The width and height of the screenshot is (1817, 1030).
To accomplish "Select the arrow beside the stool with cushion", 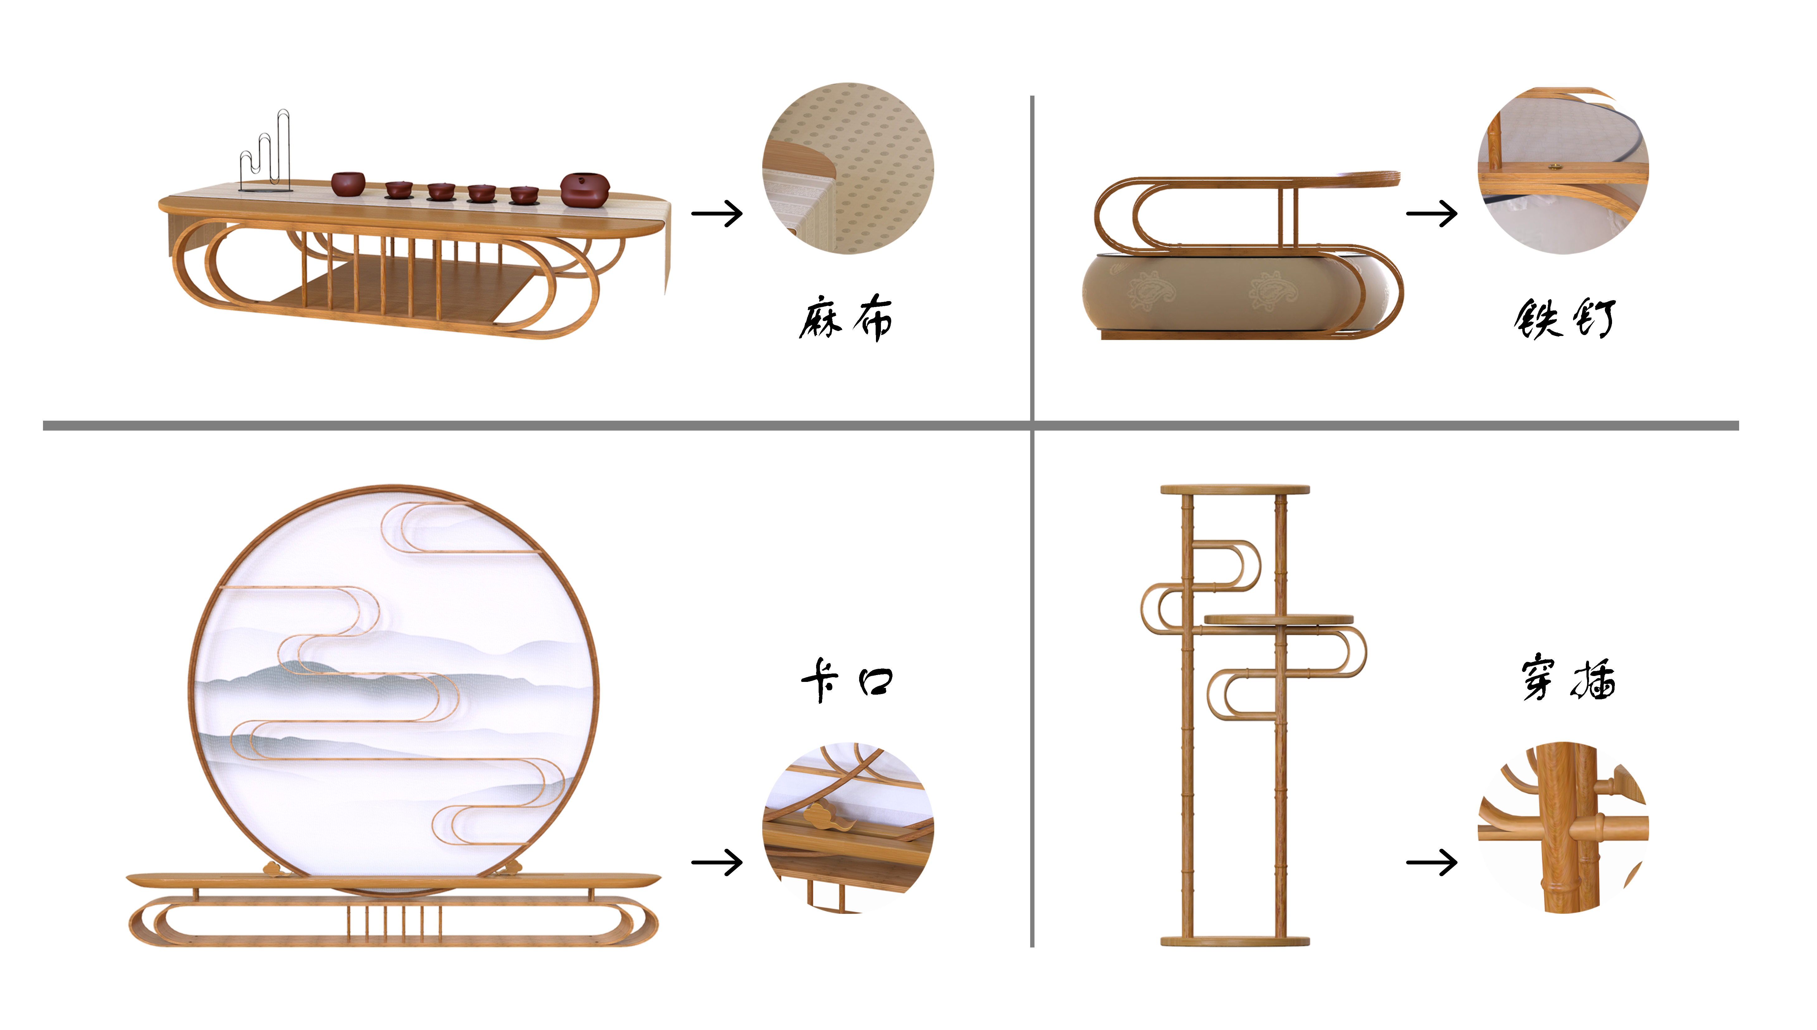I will coord(1431,214).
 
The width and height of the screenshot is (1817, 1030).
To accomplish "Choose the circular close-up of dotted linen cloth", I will coord(848,168).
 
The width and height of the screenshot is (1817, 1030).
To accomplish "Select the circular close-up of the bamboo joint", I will coord(1564,828).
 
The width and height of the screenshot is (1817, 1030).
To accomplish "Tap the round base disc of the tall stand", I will coord(1235,941).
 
